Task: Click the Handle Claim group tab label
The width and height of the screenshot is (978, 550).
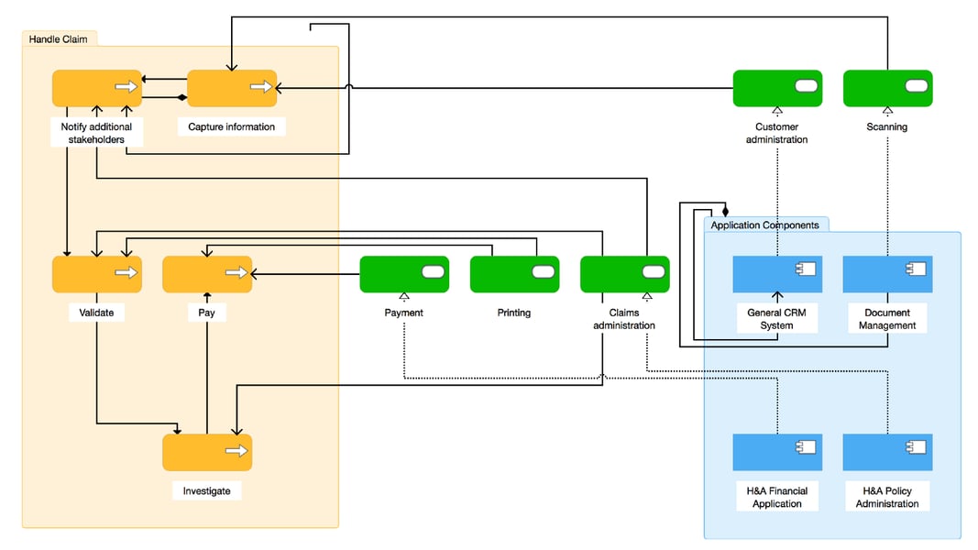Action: (x=58, y=38)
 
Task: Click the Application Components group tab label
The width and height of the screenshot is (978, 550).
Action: (x=765, y=225)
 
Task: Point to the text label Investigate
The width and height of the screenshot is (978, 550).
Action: (x=206, y=491)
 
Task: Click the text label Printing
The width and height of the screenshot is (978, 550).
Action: (x=514, y=313)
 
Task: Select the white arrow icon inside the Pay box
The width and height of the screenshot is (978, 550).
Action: (x=236, y=272)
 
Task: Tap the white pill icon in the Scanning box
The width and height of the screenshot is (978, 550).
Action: (x=916, y=86)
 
